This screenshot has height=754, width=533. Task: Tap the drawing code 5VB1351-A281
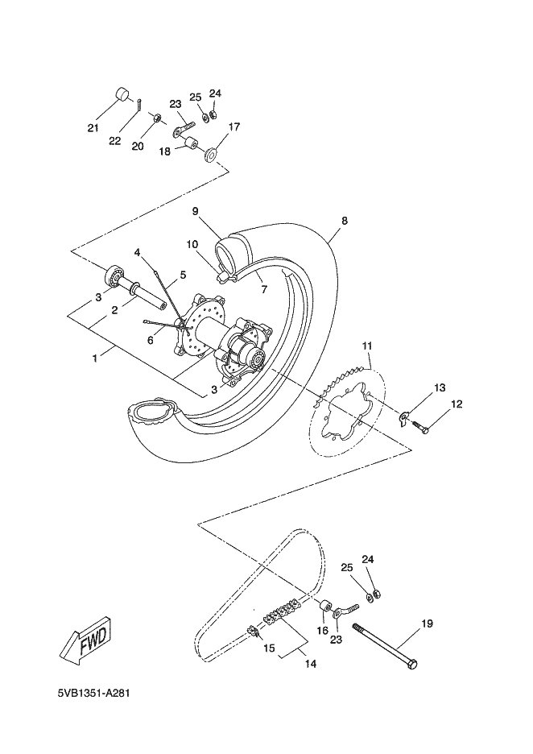[x=93, y=693]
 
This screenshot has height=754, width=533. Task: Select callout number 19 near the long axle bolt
[x=427, y=623]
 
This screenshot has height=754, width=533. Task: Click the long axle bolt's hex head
[x=412, y=665]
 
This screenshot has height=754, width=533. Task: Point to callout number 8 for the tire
[x=344, y=221]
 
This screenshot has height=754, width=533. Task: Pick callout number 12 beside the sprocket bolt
[x=457, y=404]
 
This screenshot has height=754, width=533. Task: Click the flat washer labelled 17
[x=211, y=155]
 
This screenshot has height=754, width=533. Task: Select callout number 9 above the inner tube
[x=195, y=212]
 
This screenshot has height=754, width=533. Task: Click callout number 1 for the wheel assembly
[x=95, y=358]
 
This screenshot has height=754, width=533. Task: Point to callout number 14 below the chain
[x=311, y=664]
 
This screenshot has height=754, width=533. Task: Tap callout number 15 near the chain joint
[x=269, y=648]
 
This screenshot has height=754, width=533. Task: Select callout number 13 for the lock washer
[x=440, y=387]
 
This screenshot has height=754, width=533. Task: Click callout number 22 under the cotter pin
[x=114, y=141]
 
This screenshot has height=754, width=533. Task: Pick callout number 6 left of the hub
[x=151, y=340]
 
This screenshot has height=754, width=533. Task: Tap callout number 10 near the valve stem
[x=192, y=244]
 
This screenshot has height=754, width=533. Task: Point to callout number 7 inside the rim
[x=264, y=289]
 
